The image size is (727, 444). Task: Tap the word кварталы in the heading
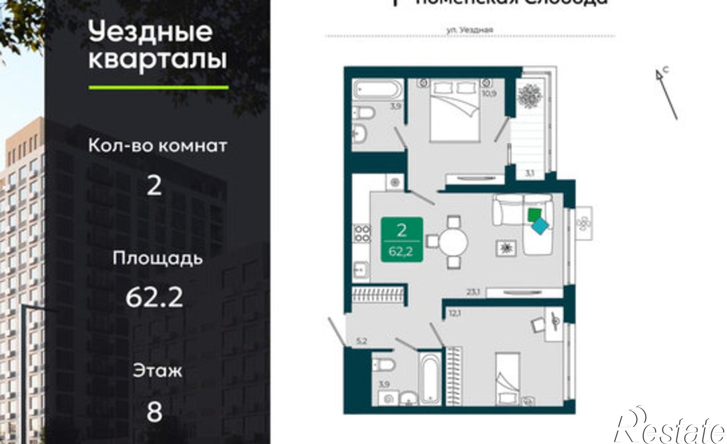pos(157,60)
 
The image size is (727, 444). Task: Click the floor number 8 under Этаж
pos(154,412)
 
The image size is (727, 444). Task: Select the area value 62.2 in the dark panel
pos(154,297)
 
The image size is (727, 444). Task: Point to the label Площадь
pos(157,258)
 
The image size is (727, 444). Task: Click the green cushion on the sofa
pos(534,214)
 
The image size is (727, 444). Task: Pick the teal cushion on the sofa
pos(541,227)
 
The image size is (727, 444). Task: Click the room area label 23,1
pos(474,291)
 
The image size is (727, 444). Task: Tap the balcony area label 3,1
pos(529,174)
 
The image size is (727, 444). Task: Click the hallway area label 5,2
pos(362,341)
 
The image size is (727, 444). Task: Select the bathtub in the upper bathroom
pos(378,89)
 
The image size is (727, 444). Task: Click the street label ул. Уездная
pos(470,30)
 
